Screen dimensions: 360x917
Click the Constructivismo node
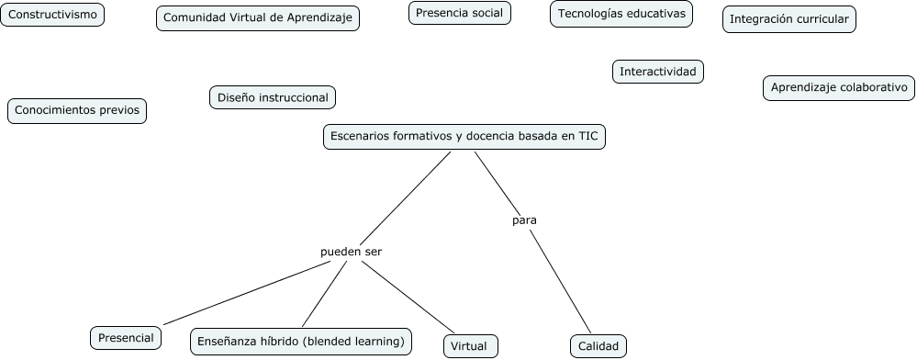pos(52,15)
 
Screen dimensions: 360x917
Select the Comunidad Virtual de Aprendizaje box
pos(258,18)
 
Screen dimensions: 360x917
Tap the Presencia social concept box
pos(459,13)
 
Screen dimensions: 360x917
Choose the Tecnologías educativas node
pos(621,14)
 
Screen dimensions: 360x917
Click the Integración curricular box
pos(789,19)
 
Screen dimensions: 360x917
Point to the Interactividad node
pos(658,72)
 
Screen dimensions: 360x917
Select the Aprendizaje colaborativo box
pos(839,88)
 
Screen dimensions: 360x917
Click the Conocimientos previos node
pos(77,110)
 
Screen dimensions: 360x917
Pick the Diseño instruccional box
pos(273,96)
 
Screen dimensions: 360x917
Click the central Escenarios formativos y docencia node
pos(464,136)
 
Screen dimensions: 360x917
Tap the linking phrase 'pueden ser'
pos(351,251)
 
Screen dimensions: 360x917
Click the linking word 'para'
pos(524,220)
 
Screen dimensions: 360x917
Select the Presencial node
pos(127,337)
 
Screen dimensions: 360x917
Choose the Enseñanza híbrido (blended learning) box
pos(301,342)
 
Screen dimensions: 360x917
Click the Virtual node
pos(471,346)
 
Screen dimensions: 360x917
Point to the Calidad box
pos(598,346)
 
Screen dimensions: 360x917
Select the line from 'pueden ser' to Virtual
pos(408,298)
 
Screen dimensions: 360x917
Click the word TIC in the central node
pos(587,136)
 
